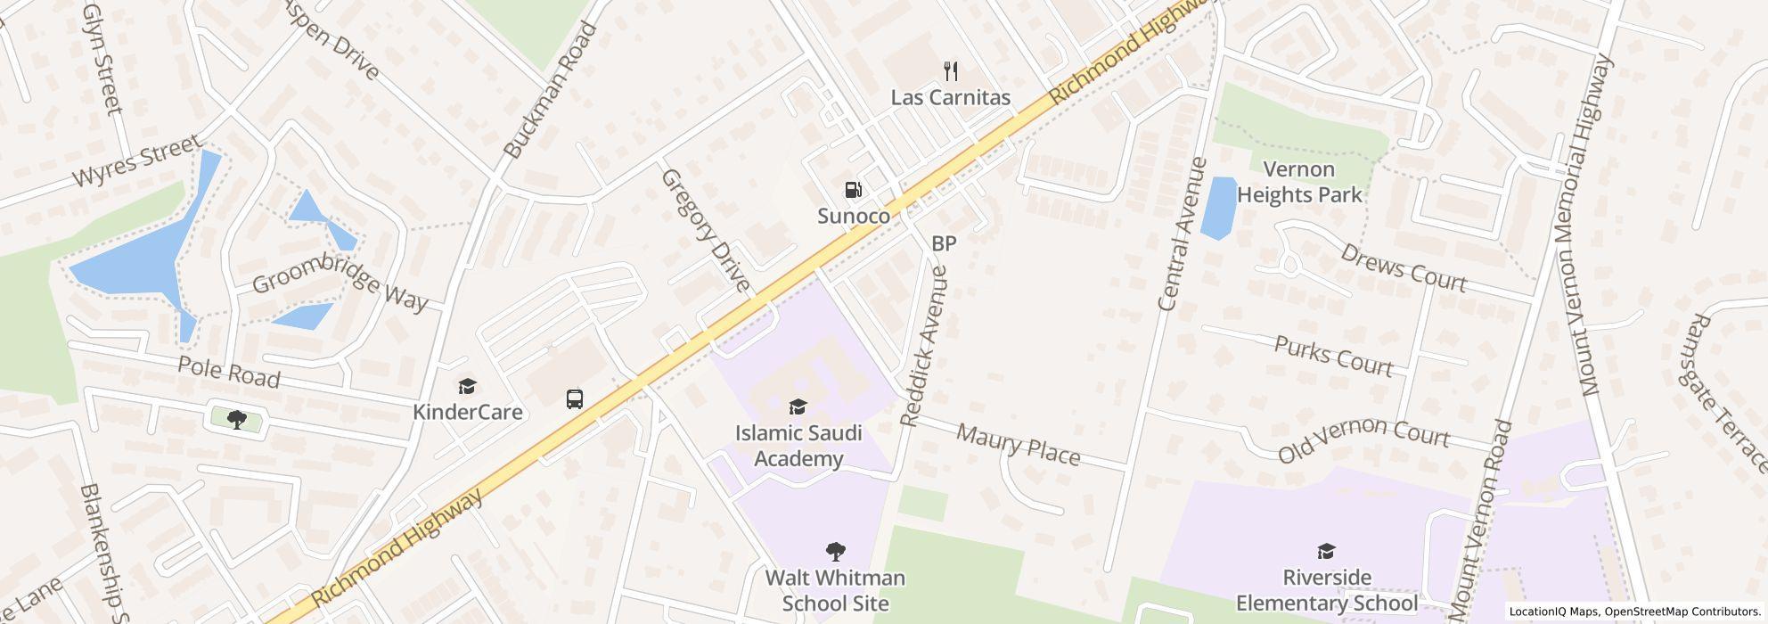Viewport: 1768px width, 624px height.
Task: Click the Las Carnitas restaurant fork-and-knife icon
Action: pyautogui.click(x=951, y=71)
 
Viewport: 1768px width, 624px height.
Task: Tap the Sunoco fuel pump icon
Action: pyautogui.click(x=853, y=190)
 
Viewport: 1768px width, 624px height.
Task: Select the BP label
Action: pyautogui.click(x=944, y=243)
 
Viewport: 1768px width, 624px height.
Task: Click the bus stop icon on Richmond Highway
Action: pyautogui.click(x=575, y=398)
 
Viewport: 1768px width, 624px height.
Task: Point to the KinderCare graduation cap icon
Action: pyautogui.click(x=467, y=386)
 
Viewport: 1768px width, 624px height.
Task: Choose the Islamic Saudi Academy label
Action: pyautogui.click(x=798, y=446)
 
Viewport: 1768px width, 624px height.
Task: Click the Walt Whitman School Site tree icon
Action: pyautogui.click(x=835, y=552)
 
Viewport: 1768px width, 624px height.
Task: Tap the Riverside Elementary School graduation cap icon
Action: pyautogui.click(x=1326, y=551)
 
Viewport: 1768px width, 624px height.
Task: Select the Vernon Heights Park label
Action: pyautogui.click(x=1299, y=182)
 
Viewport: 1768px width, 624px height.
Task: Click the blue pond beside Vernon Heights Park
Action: pyautogui.click(x=1218, y=208)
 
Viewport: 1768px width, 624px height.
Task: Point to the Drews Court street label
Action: pyautogui.click(x=1403, y=267)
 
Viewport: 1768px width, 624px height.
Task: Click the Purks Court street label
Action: pyautogui.click(x=1333, y=356)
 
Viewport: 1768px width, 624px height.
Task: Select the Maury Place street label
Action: pyautogui.click(x=1018, y=445)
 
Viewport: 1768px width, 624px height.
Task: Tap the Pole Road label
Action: pyautogui.click(x=229, y=372)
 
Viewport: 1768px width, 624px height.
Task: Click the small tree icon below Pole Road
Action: pyautogui.click(x=236, y=419)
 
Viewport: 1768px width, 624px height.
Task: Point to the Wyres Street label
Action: pyautogui.click(x=138, y=162)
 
